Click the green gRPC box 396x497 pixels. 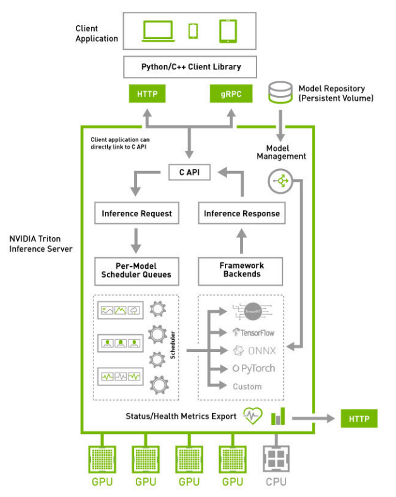point(226,95)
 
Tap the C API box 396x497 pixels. point(189,172)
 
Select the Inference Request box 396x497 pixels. point(136,214)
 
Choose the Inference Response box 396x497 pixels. point(241,214)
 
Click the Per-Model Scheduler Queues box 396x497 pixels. point(136,270)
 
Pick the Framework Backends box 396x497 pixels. point(241,270)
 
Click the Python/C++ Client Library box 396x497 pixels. point(191,66)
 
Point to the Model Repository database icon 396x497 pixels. point(280,93)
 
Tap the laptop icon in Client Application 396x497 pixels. point(158,30)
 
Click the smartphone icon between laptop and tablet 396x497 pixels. point(193,30)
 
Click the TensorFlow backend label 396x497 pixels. point(254,332)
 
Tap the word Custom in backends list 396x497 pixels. point(247,387)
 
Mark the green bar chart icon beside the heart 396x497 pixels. point(279,416)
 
